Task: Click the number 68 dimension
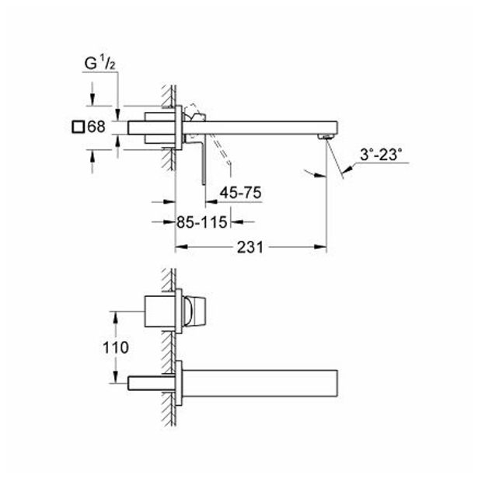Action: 96,126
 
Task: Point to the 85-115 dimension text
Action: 201,222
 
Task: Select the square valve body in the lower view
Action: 162,314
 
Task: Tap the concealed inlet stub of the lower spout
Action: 151,384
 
